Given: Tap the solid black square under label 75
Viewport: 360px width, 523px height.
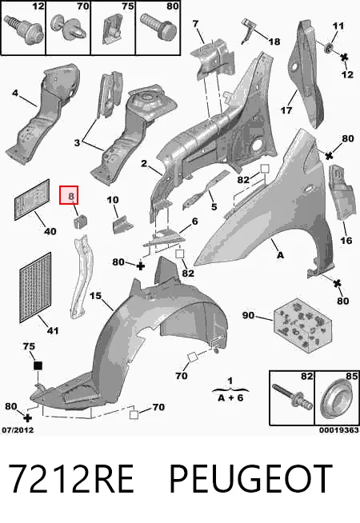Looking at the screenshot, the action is tap(38, 365).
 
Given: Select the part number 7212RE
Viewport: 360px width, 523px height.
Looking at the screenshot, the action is tap(70, 478).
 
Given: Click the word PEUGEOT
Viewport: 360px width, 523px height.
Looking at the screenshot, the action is tap(251, 478).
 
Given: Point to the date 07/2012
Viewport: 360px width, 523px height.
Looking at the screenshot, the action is tap(18, 430).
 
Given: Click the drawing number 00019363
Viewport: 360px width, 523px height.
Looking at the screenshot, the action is tap(338, 430).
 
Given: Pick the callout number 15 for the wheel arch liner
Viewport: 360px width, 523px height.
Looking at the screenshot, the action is tap(95, 296).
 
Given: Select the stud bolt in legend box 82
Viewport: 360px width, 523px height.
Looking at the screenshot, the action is tap(293, 397).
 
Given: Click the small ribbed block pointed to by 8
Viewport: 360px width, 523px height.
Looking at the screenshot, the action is tap(79, 222).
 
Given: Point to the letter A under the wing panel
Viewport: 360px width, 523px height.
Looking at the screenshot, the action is tap(280, 255).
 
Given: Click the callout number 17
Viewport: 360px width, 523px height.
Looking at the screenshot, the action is tap(286, 110).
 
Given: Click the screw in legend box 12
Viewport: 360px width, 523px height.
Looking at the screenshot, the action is tap(24, 30).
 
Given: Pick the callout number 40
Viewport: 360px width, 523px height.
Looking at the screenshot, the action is tap(50, 231).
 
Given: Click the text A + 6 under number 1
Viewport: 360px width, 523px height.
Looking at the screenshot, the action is tap(230, 397).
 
